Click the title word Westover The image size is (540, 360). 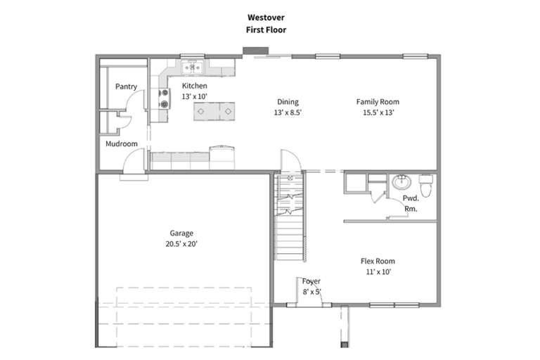266,17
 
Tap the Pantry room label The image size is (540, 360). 126,86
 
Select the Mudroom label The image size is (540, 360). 122,143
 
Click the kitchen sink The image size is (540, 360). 193,67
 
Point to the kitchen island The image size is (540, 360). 214,111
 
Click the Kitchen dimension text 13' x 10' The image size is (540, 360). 195,96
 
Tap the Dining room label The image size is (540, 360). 288,102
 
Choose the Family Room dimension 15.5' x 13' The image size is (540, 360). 378,112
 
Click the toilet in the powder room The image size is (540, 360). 426,186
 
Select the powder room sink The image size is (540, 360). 401,182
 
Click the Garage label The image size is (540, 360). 181,233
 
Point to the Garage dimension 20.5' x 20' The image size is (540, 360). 181,244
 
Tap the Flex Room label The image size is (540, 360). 378,261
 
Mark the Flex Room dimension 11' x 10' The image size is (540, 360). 378,272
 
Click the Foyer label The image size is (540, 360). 311,281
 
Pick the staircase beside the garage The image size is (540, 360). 290,217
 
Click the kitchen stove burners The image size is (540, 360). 165,98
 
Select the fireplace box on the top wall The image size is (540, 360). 255,51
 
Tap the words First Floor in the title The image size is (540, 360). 266,30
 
